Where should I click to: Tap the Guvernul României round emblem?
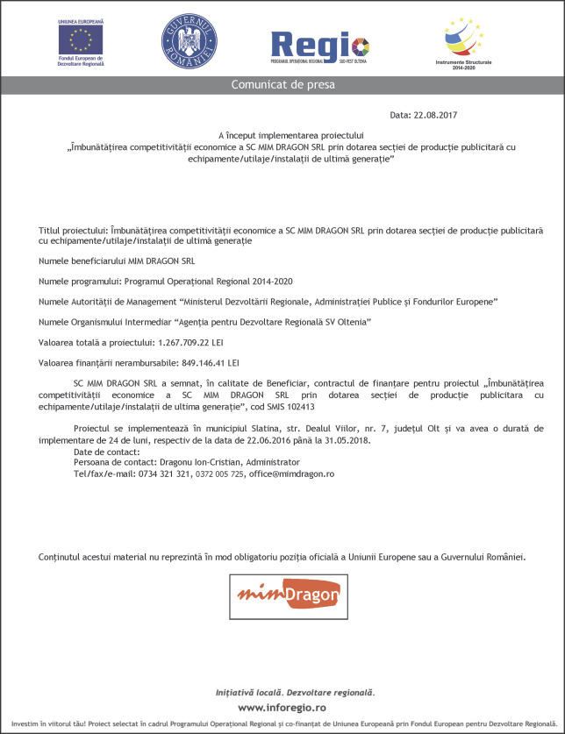pyautogui.click(x=187, y=39)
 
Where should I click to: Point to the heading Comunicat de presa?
pyautogui.click(x=282, y=85)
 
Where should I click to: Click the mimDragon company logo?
pyautogui.click(x=286, y=597)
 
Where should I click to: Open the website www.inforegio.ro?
pyautogui.click(x=282, y=707)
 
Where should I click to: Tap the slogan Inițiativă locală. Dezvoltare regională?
pyautogui.click(x=282, y=692)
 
